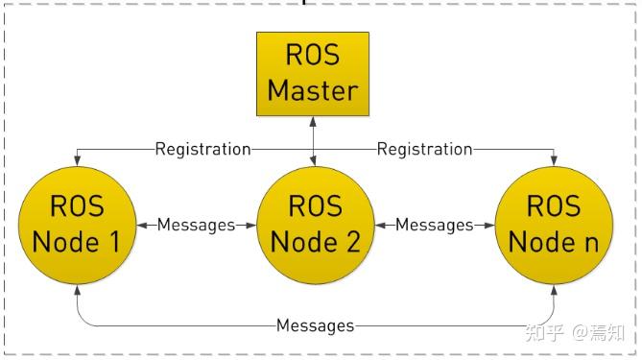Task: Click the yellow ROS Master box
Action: click(x=313, y=73)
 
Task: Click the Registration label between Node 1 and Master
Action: click(x=202, y=149)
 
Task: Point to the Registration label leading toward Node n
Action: click(x=424, y=149)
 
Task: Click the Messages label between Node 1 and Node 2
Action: click(x=196, y=225)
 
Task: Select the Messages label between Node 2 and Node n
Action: click(x=435, y=225)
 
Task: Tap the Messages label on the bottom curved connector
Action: click(x=315, y=325)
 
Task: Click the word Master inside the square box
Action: click(x=313, y=90)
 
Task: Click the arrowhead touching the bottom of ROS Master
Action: click(x=313, y=120)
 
